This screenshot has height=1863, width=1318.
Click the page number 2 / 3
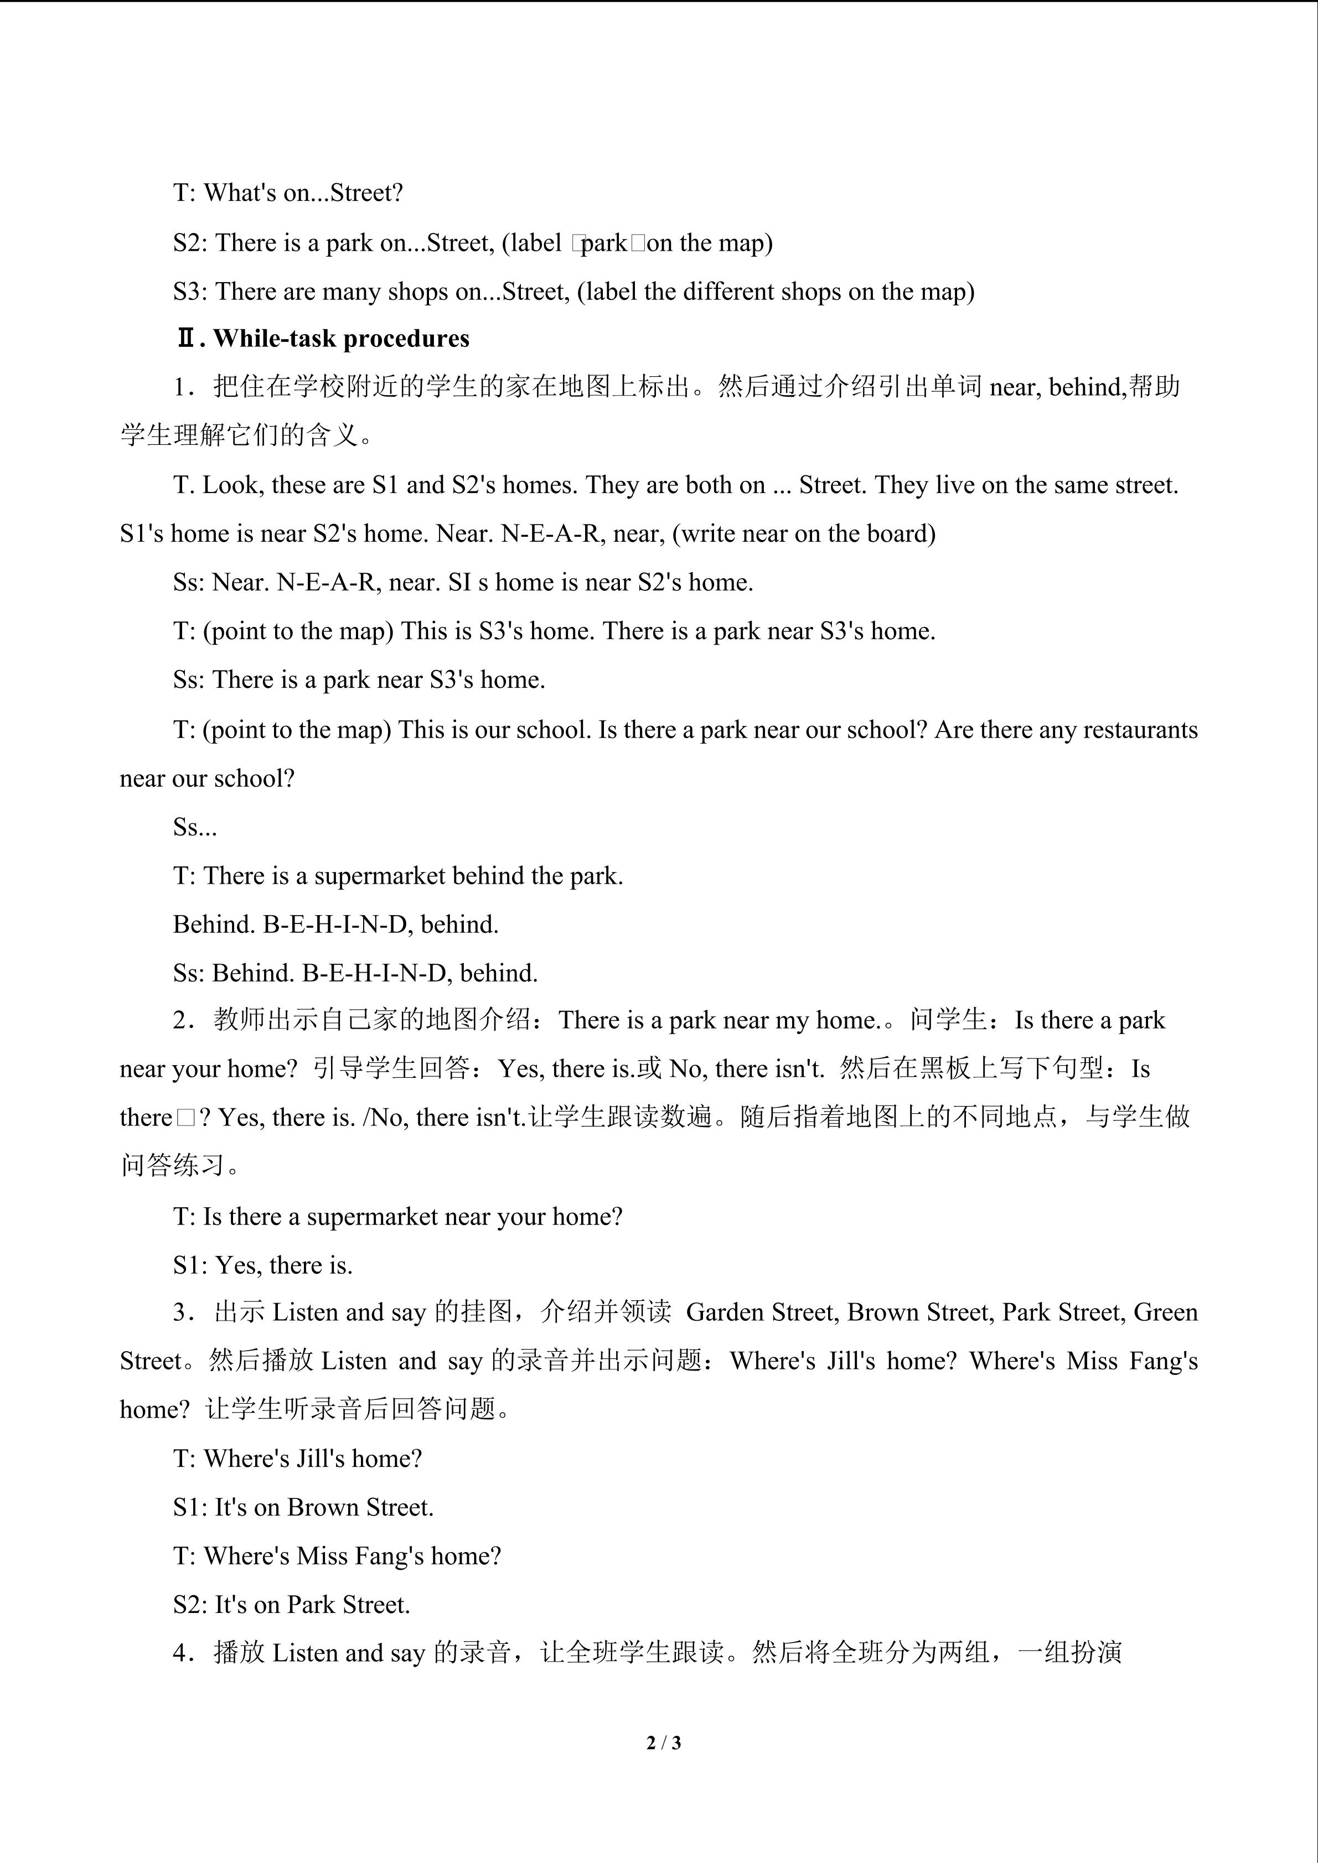point(663,1742)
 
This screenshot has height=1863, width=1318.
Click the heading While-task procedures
point(341,339)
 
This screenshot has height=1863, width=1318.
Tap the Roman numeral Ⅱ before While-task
point(187,339)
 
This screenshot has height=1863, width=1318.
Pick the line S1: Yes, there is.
point(263,1265)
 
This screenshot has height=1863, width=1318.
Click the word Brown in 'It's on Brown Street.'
point(323,1507)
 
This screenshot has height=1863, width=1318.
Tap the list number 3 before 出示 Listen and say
point(180,1312)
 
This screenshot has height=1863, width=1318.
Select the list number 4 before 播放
point(180,1653)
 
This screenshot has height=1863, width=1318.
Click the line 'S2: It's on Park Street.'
point(291,1604)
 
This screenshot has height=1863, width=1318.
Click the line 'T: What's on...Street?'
point(288,193)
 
